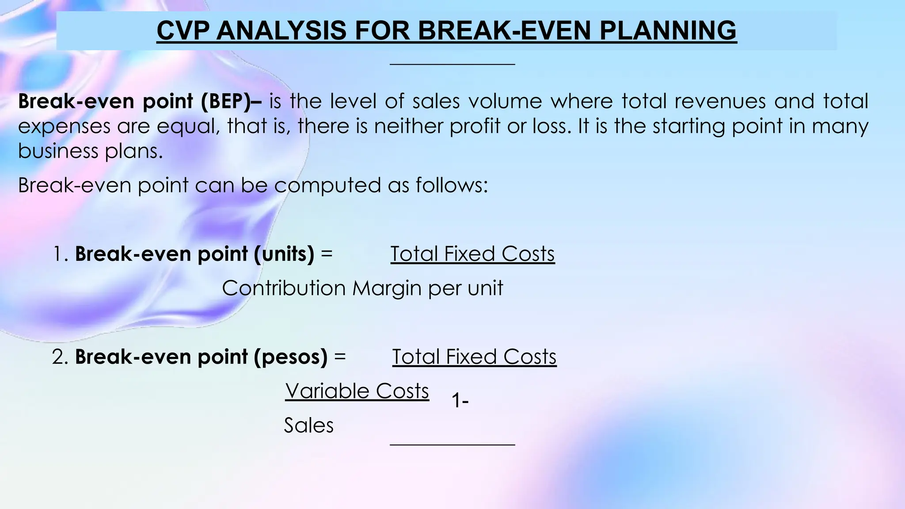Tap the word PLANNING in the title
tap(668, 30)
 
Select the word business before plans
tap(57, 151)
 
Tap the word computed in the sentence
tap(327, 185)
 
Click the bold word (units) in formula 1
tap(284, 254)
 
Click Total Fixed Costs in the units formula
tap(472, 254)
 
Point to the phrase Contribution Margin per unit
tap(362, 288)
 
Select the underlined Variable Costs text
tap(357, 391)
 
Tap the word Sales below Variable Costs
tap(308, 425)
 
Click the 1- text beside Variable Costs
tap(460, 401)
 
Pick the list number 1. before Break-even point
tap(61, 254)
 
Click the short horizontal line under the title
tap(452, 65)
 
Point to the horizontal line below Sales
tap(452, 444)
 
